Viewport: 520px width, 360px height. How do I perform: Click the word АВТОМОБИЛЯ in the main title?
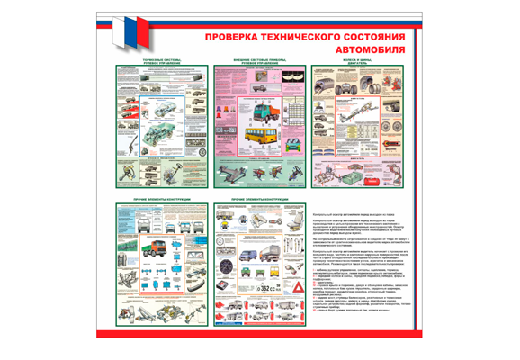click(370, 49)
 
